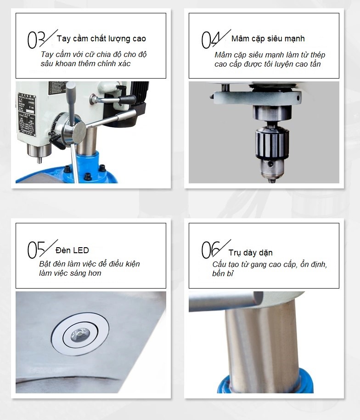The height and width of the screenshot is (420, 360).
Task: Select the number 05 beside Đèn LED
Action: pyautogui.click(x=36, y=250)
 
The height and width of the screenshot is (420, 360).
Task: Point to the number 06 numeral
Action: pyautogui.click(x=211, y=250)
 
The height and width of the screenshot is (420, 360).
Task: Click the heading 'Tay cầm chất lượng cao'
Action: pyautogui.click(x=101, y=39)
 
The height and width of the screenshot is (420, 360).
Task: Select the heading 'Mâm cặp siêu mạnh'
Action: pyautogui.click(x=268, y=39)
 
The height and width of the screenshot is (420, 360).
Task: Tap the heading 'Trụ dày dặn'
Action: pyautogui.click(x=251, y=253)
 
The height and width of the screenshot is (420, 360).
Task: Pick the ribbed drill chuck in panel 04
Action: pyautogui.click(x=272, y=143)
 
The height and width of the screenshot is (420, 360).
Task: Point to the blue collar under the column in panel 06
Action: pyautogui.click(x=265, y=382)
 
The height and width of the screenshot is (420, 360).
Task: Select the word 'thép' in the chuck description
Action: pyautogui.click(x=318, y=55)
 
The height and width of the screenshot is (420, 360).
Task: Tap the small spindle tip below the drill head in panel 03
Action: pyautogui.click(x=39, y=160)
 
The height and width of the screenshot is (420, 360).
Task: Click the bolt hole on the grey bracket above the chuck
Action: pyautogui.click(x=298, y=98)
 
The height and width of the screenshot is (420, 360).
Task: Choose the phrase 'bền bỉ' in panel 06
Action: pyautogui.click(x=223, y=273)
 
